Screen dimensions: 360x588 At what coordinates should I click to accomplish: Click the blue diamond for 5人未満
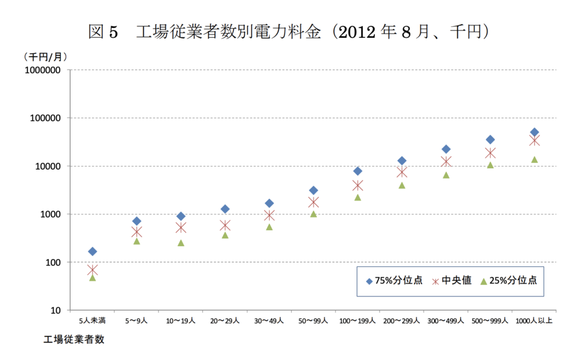tap(92, 251)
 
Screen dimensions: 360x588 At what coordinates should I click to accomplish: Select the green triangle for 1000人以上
tap(534, 160)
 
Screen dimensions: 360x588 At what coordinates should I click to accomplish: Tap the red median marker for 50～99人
tap(314, 202)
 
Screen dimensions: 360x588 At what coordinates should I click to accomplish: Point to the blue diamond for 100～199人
tap(358, 171)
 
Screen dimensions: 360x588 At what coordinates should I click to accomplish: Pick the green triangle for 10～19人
tap(181, 243)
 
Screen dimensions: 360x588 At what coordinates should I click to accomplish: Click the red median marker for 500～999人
tap(490, 153)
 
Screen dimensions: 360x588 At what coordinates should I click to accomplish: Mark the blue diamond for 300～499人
tap(446, 149)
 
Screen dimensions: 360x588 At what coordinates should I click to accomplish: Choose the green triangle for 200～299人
tap(402, 185)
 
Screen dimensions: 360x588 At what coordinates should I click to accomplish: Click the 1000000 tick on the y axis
tap(44, 70)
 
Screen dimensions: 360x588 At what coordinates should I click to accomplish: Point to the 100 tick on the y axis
tap(52, 262)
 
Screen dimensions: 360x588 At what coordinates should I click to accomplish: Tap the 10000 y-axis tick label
tap(48, 167)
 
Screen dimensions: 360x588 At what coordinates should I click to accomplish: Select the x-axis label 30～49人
tap(269, 320)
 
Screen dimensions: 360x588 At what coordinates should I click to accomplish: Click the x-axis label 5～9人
tap(137, 320)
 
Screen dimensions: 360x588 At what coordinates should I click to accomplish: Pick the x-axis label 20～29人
tap(225, 320)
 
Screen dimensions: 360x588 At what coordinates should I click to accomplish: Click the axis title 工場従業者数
tap(74, 339)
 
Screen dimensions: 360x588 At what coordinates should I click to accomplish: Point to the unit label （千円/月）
tap(45, 57)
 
